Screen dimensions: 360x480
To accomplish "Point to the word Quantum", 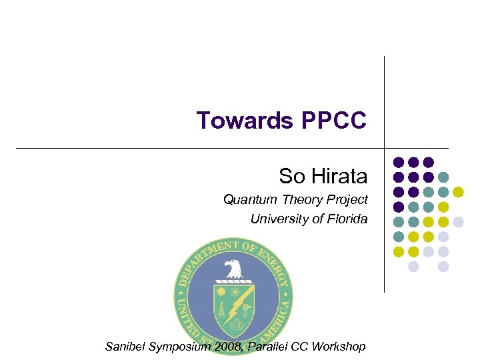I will (243, 199).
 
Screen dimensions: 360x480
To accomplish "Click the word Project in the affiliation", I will (348, 199).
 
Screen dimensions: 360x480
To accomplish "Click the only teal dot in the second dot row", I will (443, 177).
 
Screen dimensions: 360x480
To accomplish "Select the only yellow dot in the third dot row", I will (458, 192).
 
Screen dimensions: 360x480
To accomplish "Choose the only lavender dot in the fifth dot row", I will (458, 222).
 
